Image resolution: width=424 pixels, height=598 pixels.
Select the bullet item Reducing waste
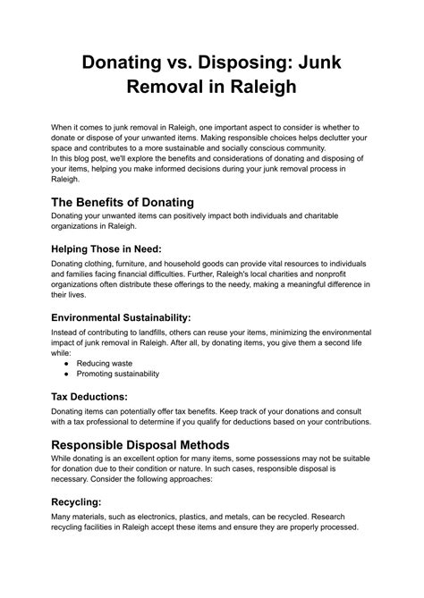point(106,364)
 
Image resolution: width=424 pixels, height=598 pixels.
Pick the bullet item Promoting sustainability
point(118,375)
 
